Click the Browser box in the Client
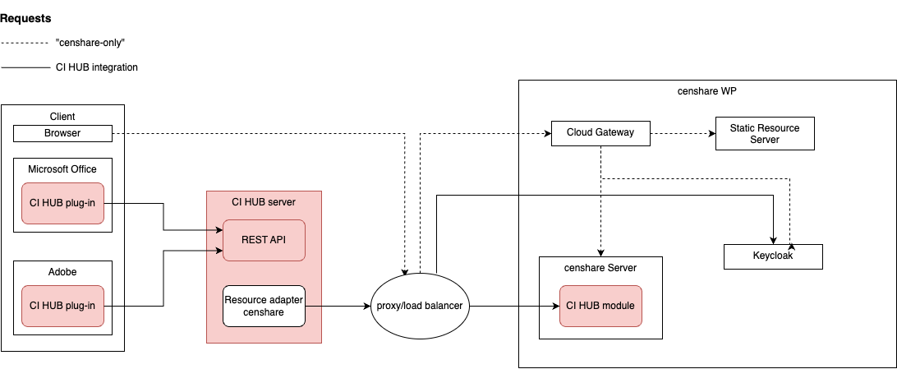(62, 133)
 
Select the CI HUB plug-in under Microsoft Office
(62, 203)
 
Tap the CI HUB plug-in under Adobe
(62, 306)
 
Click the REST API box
(264, 240)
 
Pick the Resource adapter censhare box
(264, 306)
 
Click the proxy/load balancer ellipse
(420, 306)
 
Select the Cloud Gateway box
(600, 132)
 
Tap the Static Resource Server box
(765, 133)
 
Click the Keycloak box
(772, 256)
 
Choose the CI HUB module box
(600, 306)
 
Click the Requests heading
(25, 18)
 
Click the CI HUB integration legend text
(103, 67)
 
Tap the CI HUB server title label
(263, 201)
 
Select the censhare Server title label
(600, 268)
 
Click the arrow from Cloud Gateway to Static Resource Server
(683, 132)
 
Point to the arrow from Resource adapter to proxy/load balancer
(337, 306)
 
